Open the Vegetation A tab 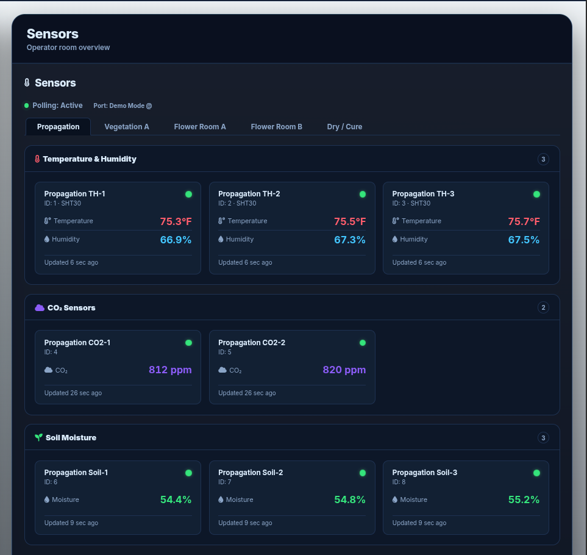click(x=127, y=127)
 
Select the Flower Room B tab click(x=276, y=127)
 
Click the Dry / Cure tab click(x=344, y=127)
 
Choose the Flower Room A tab click(x=200, y=127)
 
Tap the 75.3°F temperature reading click(x=176, y=221)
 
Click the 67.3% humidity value click(x=350, y=240)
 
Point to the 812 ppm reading click(x=170, y=370)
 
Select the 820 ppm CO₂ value click(x=344, y=370)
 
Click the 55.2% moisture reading click(x=524, y=500)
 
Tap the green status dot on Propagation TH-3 click(x=536, y=194)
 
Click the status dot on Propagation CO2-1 click(x=189, y=343)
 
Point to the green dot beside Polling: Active click(x=27, y=106)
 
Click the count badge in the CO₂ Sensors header click(x=543, y=307)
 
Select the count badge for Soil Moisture click(x=543, y=437)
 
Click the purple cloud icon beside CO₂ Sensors click(x=39, y=308)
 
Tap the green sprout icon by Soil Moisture click(x=38, y=437)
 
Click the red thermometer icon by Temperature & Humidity click(x=37, y=159)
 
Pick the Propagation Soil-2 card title click(x=251, y=472)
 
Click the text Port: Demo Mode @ click(x=123, y=106)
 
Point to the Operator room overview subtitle click(x=68, y=48)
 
